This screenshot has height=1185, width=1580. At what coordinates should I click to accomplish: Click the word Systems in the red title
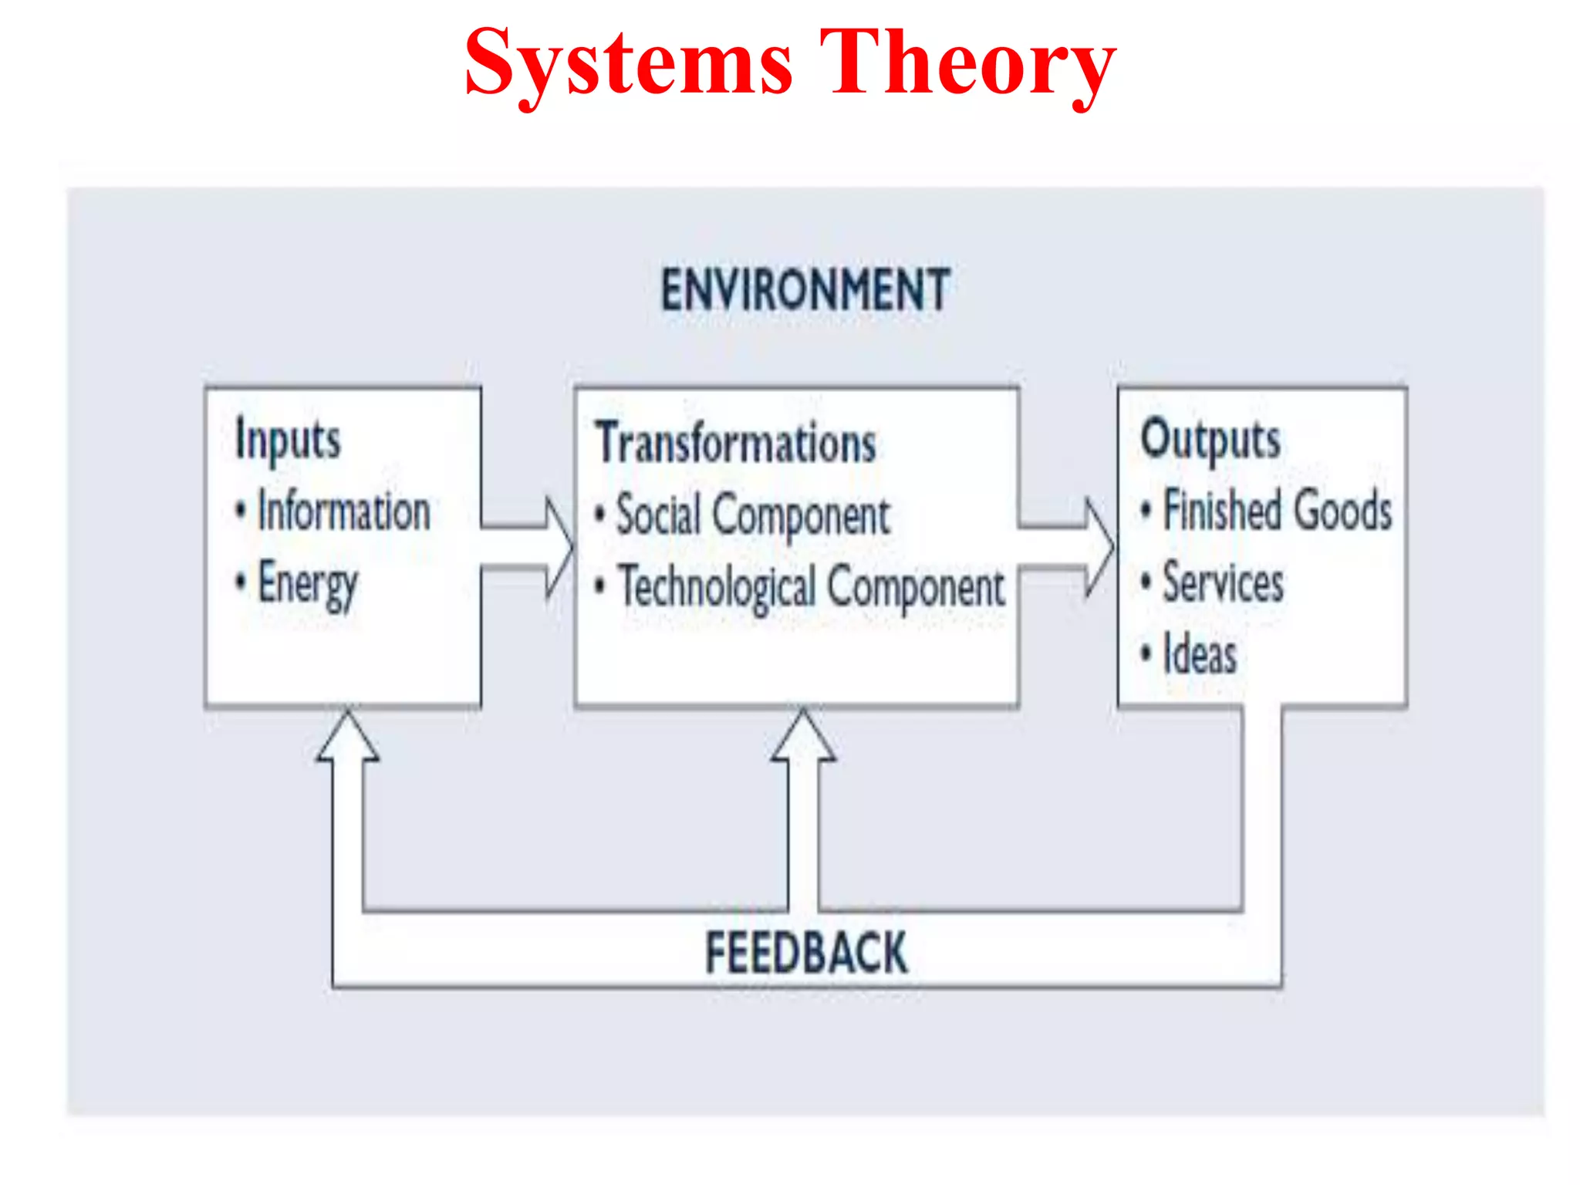(x=629, y=63)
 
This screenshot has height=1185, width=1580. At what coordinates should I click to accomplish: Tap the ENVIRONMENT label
(x=805, y=290)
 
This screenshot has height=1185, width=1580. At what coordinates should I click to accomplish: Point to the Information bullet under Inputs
(x=343, y=511)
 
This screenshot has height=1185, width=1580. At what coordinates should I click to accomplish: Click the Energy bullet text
(x=307, y=584)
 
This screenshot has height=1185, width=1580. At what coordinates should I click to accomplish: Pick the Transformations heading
(x=736, y=444)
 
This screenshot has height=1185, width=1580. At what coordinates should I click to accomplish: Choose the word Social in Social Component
(x=658, y=515)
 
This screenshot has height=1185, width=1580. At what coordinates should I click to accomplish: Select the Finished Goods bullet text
(x=1277, y=511)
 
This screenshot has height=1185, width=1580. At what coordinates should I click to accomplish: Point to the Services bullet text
(x=1223, y=582)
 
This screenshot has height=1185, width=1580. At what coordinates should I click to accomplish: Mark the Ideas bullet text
(x=1200, y=655)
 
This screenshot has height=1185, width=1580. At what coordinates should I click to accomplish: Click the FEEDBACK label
(x=806, y=953)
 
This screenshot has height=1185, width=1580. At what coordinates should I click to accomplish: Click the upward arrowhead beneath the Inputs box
(x=348, y=737)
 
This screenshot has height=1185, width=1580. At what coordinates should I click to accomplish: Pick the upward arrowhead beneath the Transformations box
(x=803, y=737)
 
